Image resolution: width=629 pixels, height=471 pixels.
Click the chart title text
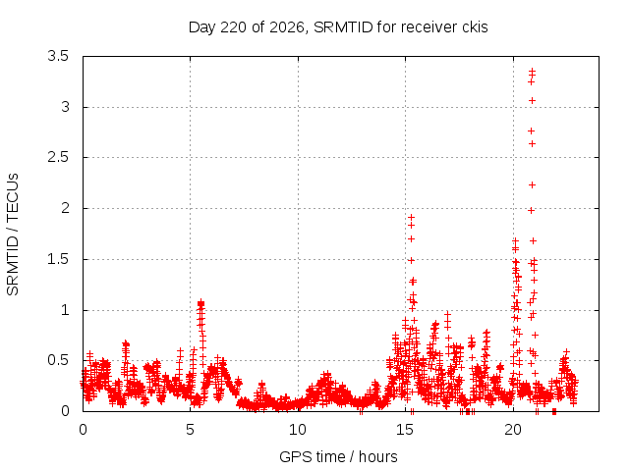[338, 27]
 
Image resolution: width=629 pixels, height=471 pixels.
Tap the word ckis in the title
[474, 27]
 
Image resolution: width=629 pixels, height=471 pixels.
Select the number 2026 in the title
[287, 27]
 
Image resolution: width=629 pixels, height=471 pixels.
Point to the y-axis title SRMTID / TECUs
[13, 235]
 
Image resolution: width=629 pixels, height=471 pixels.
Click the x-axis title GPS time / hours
[338, 456]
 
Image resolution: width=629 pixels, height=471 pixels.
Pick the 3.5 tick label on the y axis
[58, 56]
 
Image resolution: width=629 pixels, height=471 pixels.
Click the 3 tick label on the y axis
[65, 107]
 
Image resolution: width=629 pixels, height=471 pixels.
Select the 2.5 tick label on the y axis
[58, 157]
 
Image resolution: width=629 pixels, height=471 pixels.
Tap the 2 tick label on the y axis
[65, 208]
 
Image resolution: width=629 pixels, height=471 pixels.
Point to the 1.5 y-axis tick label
[58, 259]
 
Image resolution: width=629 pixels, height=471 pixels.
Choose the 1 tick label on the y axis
[65, 310]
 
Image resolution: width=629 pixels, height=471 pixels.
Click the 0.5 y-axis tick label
[58, 360]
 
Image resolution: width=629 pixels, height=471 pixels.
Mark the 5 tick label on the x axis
[190, 430]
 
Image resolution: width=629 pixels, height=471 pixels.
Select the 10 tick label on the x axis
[298, 430]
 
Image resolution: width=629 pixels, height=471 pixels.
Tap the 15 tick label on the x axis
[405, 430]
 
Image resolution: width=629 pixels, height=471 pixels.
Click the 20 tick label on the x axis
[513, 430]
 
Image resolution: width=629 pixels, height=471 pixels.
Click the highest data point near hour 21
[533, 71]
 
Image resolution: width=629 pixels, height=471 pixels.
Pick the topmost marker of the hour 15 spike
[411, 218]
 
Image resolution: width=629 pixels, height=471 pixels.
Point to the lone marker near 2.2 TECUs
[533, 185]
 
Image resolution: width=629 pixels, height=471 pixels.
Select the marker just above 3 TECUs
[533, 100]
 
